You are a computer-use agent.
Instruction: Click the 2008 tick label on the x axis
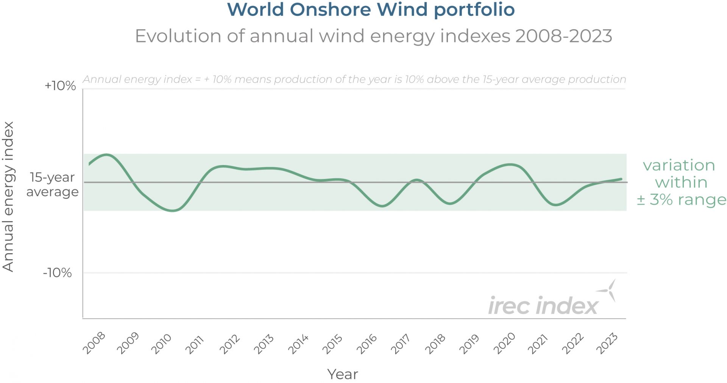(x=94, y=343)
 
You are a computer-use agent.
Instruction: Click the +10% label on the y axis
(x=60, y=86)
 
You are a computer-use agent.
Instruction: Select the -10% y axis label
(x=57, y=272)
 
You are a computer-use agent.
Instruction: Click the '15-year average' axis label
(x=52, y=184)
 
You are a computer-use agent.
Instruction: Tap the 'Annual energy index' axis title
(x=8, y=196)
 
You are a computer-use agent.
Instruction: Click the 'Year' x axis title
(x=342, y=374)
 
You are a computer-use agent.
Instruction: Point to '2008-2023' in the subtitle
(x=563, y=36)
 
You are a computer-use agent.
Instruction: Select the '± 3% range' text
(x=681, y=199)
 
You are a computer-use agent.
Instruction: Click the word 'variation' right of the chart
(x=679, y=165)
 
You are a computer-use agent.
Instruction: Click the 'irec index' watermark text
(x=543, y=306)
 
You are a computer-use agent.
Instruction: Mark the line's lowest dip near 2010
(x=172, y=210)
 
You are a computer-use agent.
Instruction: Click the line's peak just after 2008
(x=107, y=154)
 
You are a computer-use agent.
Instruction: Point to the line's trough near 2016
(x=382, y=206)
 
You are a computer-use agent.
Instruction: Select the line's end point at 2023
(x=621, y=179)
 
